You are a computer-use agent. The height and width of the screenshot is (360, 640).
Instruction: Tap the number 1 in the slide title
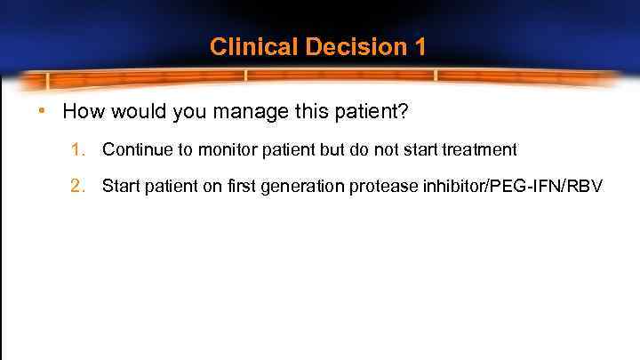click(x=420, y=47)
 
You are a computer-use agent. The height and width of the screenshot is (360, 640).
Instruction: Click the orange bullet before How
click(x=43, y=114)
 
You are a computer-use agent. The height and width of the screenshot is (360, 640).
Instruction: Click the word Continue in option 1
click(x=134, y=150)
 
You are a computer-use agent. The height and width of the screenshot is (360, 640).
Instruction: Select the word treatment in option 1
click(x=480, y=150)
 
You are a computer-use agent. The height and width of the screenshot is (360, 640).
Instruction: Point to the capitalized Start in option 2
click(x=121, y=186)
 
